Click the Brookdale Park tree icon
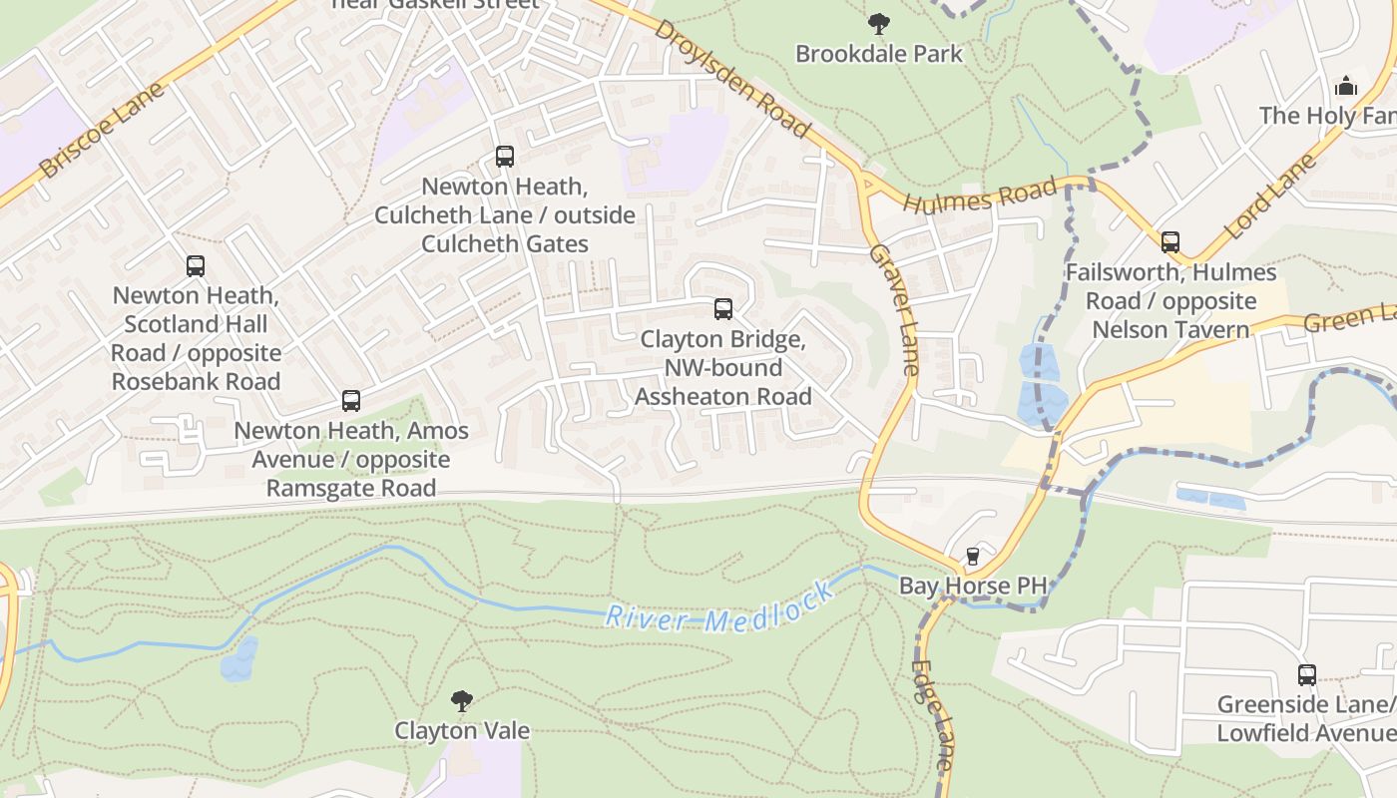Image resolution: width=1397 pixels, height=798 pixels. coord(878,23)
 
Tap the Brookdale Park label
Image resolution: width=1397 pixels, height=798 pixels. coord(878,53)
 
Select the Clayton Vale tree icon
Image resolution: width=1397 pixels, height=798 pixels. coord(461,701)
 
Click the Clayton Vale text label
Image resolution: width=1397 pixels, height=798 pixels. coord(462,730)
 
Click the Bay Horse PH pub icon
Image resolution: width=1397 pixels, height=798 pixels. coord(973,557)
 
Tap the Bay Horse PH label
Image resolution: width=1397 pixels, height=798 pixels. coord(973,586)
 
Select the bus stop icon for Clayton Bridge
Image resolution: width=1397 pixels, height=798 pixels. coord(723,309)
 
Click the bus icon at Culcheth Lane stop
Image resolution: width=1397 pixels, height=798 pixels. coord(505,157)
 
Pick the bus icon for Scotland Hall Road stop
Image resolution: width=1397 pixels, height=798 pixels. coord(196,266)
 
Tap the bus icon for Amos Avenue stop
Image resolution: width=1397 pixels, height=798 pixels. coord(351,401)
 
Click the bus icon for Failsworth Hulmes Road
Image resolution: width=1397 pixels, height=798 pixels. coord(1170,242)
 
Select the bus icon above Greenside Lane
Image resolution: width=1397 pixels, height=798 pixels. coord(1307,675)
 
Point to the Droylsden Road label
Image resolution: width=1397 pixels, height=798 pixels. coord(731,78)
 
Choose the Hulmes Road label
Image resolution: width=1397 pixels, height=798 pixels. coord(979,196)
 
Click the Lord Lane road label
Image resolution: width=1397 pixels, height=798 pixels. coord(1270,196)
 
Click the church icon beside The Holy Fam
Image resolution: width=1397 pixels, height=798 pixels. coord(1346,87)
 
